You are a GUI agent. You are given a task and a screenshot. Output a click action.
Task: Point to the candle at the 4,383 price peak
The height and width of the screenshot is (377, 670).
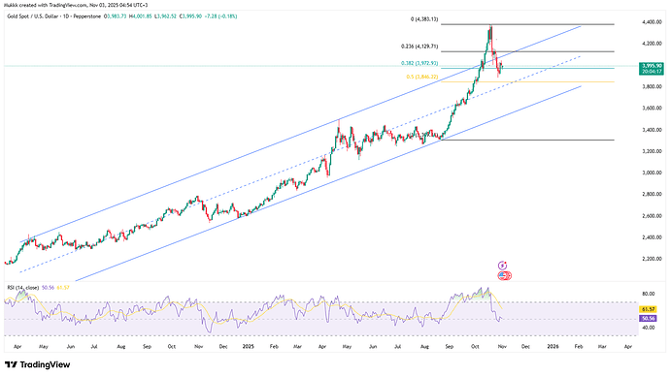click(490, 27)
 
